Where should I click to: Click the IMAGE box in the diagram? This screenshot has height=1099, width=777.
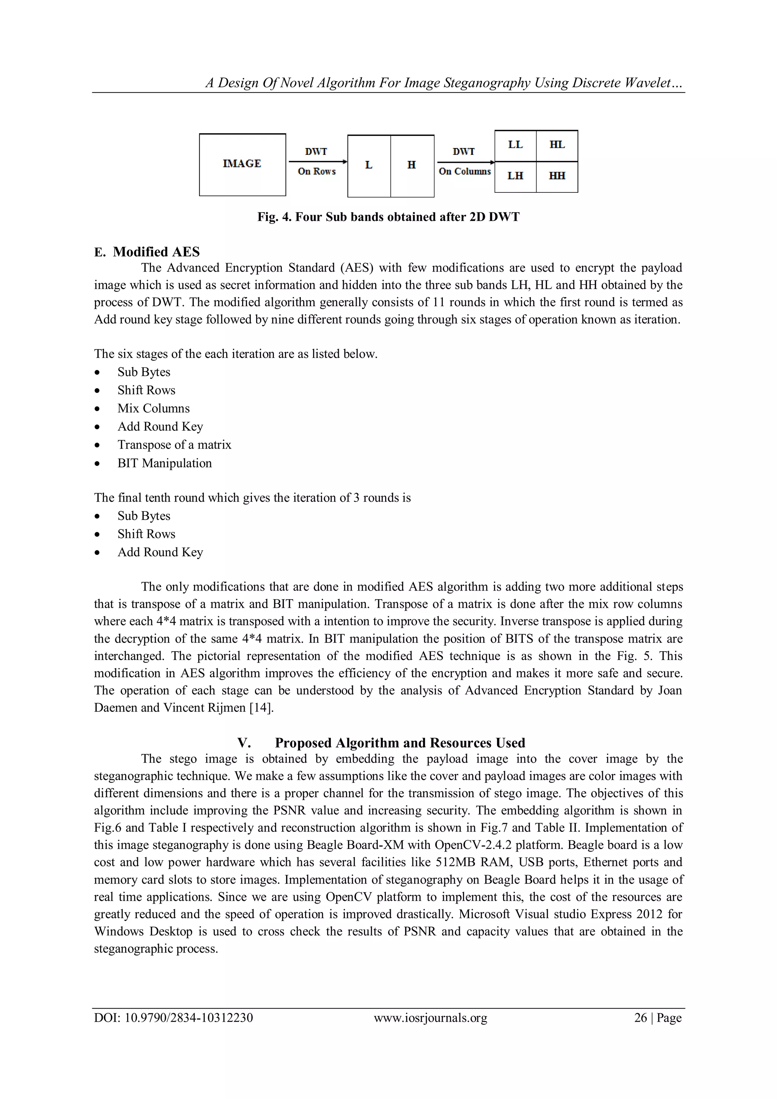[x=242, y=164]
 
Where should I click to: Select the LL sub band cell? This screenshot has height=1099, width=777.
[x=515, y=145]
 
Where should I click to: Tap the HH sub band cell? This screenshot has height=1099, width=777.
[x=557, y=176]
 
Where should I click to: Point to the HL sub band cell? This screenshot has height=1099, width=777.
[x=557, y=145]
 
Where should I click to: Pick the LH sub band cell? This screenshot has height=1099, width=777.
[x=515, y=176]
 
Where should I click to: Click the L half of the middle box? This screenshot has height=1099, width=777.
[x=368, y=165]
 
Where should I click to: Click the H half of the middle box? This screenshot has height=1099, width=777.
[x=412, y=165]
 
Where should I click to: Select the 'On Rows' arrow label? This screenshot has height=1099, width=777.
[x=317, y=172]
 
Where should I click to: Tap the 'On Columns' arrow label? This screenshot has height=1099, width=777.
[x=465, y=172]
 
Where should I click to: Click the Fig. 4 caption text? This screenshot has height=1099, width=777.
[x=388, y=217]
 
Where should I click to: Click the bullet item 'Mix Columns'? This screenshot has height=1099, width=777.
[x=154, y=408]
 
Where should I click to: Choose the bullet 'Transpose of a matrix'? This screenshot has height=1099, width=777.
[x=174, y=445]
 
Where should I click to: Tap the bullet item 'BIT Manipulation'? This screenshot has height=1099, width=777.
[x=165, y=463]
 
